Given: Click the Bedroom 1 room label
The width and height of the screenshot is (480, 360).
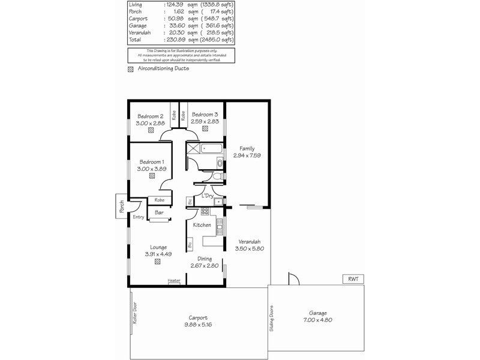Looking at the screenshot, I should [151, 162].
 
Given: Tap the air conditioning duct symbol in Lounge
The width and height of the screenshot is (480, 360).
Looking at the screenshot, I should [157, 262].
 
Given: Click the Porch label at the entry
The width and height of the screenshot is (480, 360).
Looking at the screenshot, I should [122, 207].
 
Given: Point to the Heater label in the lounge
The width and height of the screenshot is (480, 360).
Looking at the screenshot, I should [174, 281].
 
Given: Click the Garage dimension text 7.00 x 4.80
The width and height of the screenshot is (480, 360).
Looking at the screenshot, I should [318, 320].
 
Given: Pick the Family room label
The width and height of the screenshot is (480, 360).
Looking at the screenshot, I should [247, 149].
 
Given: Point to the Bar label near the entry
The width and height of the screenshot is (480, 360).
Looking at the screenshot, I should [160, 212].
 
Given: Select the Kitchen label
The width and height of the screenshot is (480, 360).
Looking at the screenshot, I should [202, 225].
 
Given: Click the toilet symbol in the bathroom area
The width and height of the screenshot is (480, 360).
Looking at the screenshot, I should [219, 163].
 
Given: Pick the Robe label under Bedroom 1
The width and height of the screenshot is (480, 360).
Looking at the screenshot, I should [159, 200].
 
